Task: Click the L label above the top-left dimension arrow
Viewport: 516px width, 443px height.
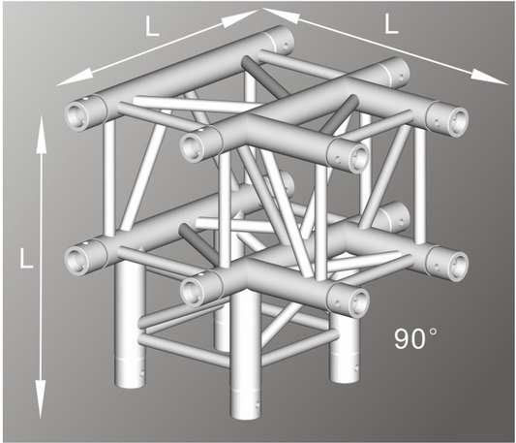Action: point(152,29)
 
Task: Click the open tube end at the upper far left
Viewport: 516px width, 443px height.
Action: point(76,114)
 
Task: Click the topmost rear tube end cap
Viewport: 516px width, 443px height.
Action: point(280,42)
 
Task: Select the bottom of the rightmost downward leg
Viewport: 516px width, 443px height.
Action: point(344,373)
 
